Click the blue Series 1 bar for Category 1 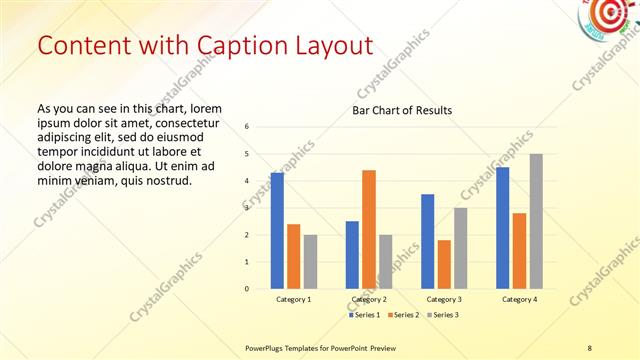(277, 231)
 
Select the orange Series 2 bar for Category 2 (369, 229)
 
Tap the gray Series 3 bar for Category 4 (536, 221)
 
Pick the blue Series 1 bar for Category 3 (428, 241)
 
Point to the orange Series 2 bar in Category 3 (444, 264)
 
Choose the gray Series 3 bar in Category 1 (310, 262)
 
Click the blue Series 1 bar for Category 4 (503, 228)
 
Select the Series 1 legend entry (364, 315)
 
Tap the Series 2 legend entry (402, 315)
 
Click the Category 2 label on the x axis (369, 300)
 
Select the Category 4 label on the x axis (519, 300)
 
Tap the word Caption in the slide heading (236, 46)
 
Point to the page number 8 (589, 347)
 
